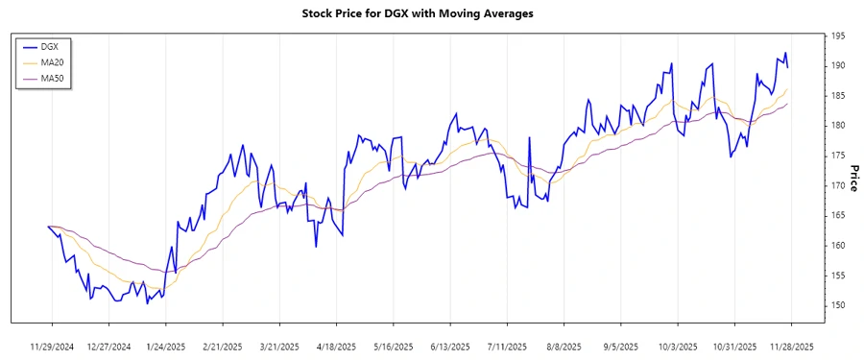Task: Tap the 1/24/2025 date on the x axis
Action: click(165, 346)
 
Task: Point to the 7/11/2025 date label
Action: click(507, 346)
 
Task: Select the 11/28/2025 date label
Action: click(791, 346)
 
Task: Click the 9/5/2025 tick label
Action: click(620, 346)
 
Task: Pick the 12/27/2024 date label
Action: click(108, 346)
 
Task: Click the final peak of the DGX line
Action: click(785, 53)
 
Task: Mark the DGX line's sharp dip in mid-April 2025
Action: click(316, 247)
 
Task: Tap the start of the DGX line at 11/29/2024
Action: click(48, 227)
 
